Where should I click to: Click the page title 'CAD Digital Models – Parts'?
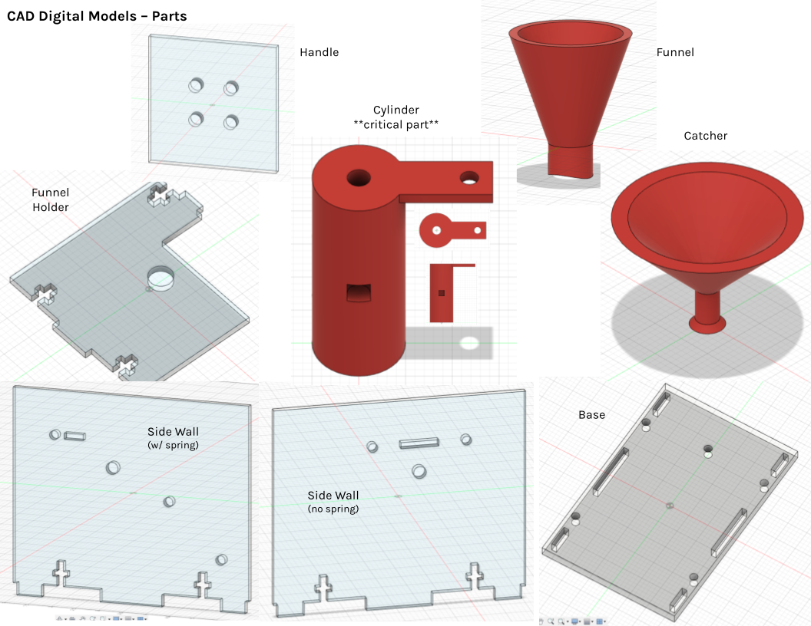click(97, 16)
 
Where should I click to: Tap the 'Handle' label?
click(319, 52)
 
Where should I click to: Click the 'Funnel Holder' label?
click(50, 199)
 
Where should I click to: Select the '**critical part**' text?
click(396, 124)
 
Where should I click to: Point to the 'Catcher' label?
click(706, 136)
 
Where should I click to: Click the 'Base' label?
click(591, 415)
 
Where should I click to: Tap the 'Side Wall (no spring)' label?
click(333, 502)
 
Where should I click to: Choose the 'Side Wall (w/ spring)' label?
click(173, 438)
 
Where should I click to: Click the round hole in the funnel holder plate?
click(161, 278)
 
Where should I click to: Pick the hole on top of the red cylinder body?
click(359, 178)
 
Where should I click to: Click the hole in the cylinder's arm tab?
click(469, 178)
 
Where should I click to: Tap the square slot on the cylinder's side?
click(359, 293)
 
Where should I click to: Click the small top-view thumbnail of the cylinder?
click(452, 230)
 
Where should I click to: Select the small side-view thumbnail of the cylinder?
click(442, 293)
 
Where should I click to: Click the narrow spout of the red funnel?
click(570, 162)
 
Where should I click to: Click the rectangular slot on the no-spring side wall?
click(419, 443)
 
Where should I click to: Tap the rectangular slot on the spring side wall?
click(75, 437)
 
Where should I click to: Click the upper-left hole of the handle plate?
click(196, 84)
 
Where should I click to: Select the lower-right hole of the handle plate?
click(230, 123)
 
